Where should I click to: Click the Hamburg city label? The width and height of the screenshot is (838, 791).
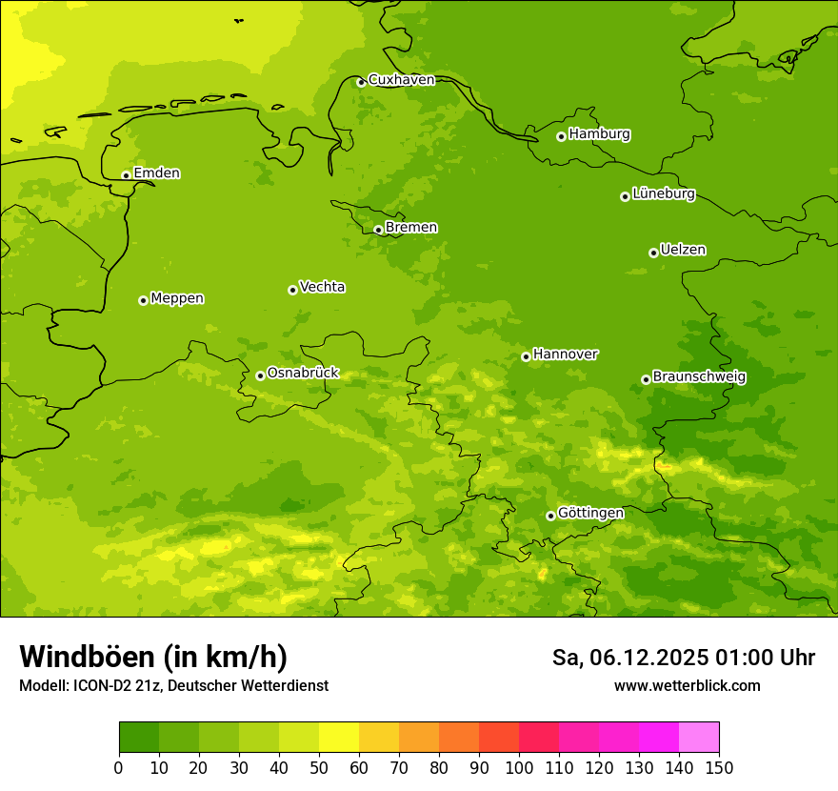(599, 134)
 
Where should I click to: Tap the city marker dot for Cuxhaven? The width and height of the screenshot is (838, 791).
(361, 82)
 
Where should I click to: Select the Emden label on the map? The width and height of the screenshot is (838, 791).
(156, 173)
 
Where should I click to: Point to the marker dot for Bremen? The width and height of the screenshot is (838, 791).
(378, 230)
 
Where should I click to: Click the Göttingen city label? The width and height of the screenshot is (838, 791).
(590, 513)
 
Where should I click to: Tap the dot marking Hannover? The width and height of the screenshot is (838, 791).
(526, 356)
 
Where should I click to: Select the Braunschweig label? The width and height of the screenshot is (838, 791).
(699, 377)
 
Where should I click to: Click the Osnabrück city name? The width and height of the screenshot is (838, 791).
(303, 374)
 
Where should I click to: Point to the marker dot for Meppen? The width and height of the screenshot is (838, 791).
(143, 300)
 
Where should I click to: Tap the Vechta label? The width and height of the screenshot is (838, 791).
(322, 287)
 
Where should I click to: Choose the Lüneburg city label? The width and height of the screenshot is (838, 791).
(663, 194)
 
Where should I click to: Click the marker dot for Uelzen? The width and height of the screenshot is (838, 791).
(653, 253)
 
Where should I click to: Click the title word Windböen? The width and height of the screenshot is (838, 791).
(87, 657)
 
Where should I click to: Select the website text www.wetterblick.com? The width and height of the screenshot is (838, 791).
(687, 685)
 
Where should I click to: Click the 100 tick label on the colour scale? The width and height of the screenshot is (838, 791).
(519, 767)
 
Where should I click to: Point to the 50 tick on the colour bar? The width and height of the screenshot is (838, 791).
(319, 767)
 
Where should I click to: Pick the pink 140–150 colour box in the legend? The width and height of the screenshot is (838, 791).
(699, 738)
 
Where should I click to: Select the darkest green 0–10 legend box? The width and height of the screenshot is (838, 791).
(139, 738)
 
